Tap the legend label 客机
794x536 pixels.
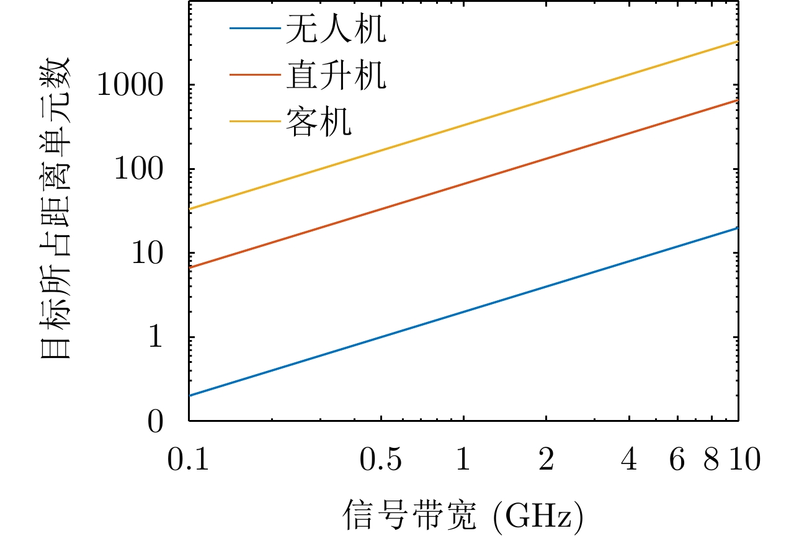[x=318, y=121]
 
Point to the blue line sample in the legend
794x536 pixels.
[x=254, y=29]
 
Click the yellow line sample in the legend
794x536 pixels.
[x=254, y=121]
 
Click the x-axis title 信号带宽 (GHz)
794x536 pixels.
[x=463, y=514]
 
